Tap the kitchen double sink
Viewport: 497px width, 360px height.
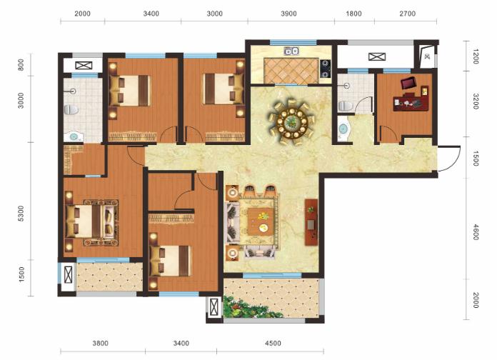point(291,51)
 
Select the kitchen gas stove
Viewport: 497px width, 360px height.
point(325,69)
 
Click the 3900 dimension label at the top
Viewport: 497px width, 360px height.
point(288,14)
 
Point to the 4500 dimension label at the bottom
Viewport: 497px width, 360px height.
point(273,343)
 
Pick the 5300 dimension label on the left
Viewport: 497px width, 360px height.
point(21,214)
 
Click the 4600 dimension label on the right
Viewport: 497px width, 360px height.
point(476,232)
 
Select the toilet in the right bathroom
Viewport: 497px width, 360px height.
point(346,106)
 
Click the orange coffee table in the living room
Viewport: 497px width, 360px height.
point(261,221)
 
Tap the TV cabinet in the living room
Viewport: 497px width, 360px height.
point(311,222)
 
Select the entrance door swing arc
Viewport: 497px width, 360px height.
point(455,158)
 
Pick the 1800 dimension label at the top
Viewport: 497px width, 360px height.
point(353,14)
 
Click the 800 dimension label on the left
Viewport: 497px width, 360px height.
point(21,65)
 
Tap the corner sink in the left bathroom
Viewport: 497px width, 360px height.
point(74,137)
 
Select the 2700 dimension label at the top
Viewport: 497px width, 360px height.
point(407,14)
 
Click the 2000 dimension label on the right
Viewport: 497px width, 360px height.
point(476,300)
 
